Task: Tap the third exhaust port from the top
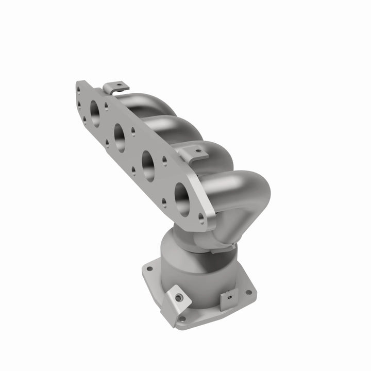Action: [148, 165]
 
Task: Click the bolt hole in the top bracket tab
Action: [119, 83]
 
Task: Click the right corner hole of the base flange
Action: [248, 292]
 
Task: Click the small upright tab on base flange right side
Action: [227, 299]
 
